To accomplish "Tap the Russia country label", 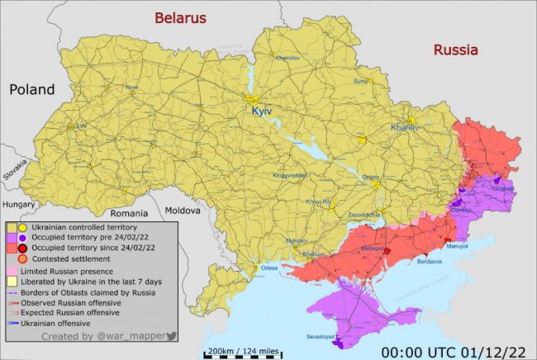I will pos(455,50).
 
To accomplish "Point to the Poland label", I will pos(32,89).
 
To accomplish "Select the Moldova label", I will pos(183,211).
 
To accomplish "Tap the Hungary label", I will pos(18,204).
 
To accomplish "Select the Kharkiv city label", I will pos(405,128).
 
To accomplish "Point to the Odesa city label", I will pos(269,268).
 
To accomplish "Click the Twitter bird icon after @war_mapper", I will pos(172,335).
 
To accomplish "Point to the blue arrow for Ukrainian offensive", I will pos(13,324).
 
